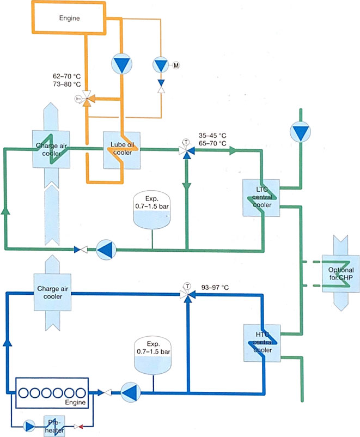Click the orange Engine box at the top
[69, 18]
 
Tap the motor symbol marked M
[176, 66]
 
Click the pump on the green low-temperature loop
[107, 250]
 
